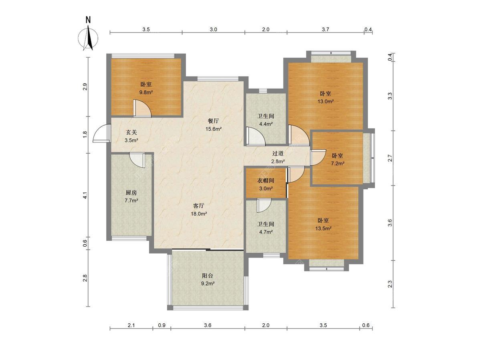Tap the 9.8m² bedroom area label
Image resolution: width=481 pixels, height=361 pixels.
[146, 92]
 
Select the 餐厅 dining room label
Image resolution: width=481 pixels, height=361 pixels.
[213, 121]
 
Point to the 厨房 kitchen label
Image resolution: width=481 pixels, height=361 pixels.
[131, 193]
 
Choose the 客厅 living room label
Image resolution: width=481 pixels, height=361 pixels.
[199, 206]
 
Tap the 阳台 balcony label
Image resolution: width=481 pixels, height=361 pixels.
[208, 276]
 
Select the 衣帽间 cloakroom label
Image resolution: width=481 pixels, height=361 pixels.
[266, 180]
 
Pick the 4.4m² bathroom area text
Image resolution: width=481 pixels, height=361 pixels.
[266, 124]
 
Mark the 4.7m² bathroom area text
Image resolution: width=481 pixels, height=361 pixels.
[266, 232]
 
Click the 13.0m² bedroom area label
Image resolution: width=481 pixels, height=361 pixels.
[325, 101]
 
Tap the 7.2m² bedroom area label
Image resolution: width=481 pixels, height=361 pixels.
[338, 164]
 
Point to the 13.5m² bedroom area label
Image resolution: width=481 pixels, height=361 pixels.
[323, 228]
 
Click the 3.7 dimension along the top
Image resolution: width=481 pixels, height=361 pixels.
[325, 29]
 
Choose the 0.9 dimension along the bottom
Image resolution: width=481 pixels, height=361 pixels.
[162, 325]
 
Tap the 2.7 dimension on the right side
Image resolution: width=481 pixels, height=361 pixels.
[390, 158]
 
